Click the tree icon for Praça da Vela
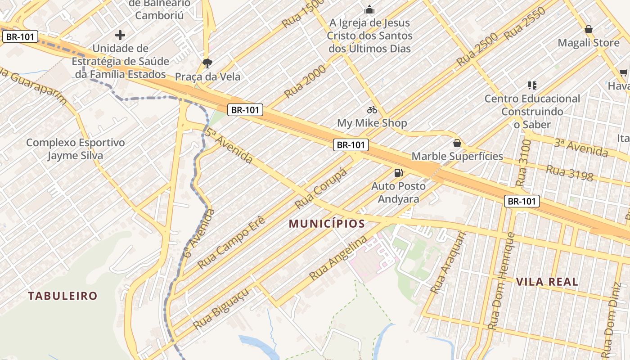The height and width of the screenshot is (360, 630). [207, 63]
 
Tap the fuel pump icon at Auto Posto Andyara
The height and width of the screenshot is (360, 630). [398, 172]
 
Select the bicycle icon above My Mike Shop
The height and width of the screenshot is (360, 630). [372, 110]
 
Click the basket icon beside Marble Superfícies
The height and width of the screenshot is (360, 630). [457, 143]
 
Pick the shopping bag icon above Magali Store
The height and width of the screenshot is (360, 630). [588, 30]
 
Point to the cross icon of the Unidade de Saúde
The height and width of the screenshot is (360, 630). [120, 35]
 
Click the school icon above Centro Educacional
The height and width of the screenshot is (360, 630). [532, 85]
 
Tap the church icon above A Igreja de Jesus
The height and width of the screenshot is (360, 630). [369, 9]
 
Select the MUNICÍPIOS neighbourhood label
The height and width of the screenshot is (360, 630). [327, 224]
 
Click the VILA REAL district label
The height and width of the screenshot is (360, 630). [547, 282]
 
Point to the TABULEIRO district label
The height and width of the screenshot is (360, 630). [63, 296]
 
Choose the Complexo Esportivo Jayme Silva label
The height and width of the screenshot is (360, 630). [75, 149]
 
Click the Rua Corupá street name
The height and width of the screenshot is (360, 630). [321, 189]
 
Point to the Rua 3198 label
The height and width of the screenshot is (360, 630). [569, 173]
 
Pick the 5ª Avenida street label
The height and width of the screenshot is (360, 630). [229, 146]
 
